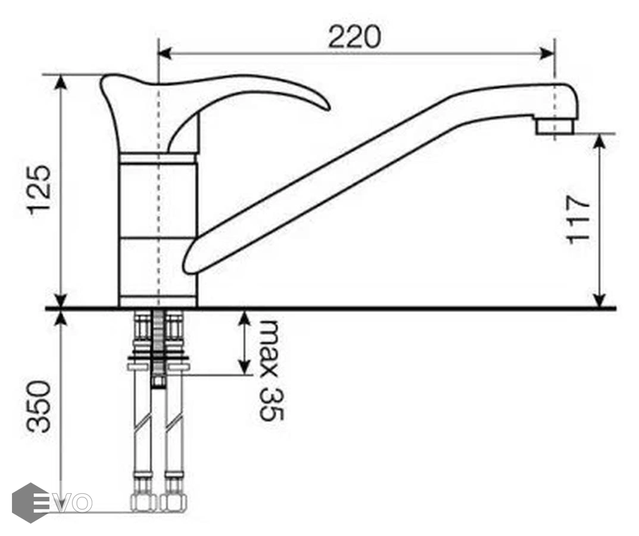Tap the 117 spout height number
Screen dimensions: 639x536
pyautogui.click(x=578, y=220)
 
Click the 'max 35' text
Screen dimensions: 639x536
pyautogui.click(x=270, y=370)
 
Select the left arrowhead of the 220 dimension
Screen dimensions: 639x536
pyautogui.click(x=164, y=52)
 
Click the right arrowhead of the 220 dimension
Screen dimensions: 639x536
pyautogui.click(x=547, y=52)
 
